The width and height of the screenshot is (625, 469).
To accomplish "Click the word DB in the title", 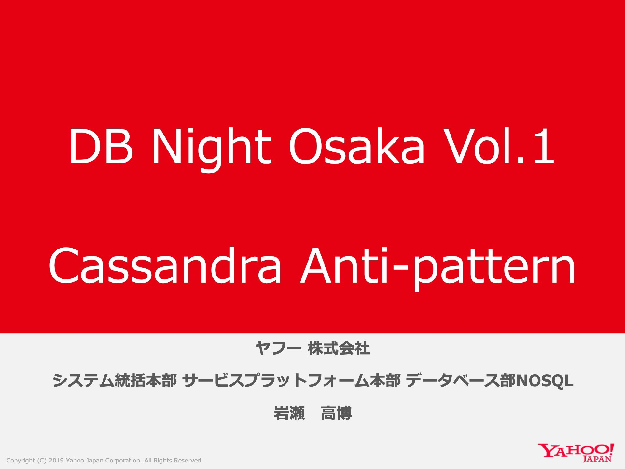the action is click(101, 147).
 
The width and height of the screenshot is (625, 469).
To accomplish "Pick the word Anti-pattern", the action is click(438, 269).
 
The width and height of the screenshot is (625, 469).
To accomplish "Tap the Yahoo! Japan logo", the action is click(576, 452).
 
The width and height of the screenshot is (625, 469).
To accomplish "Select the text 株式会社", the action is click(339, 348).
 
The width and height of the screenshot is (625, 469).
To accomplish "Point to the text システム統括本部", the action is click(114, 380).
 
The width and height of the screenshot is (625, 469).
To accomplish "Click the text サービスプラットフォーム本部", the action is click(292, 380).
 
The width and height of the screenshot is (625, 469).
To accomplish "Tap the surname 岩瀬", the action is click(289, 413).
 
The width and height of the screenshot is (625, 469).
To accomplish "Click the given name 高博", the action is click(336, 413).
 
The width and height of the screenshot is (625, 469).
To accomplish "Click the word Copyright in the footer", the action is click(21, 461).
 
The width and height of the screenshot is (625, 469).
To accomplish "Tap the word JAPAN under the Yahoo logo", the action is click(597, 459).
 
